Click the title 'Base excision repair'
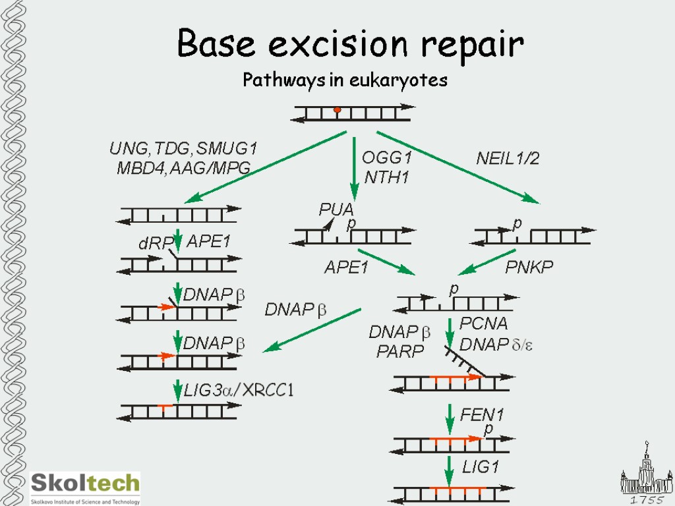tap(350, 45)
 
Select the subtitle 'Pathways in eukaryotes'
tap(345, 80)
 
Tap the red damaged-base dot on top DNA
tap(337, 109)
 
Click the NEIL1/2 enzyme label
tap(508, 158)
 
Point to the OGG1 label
tap(387, 158)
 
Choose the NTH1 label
tap(387, 177)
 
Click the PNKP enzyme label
tap(529, 267)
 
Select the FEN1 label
tap(482, 414)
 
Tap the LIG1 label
tap(481, 467)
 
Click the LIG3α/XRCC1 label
tap(239, 391)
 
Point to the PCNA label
tap(483, 323)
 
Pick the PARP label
tap(400, 352)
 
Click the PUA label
tap(336, 210)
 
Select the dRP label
tap(150, 244)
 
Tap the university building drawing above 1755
tap(646, 471)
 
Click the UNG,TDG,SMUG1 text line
tap(183, 149)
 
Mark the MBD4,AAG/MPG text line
tap(183, 168)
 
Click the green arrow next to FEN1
tap(449, 417)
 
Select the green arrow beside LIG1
tap(449, 469)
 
